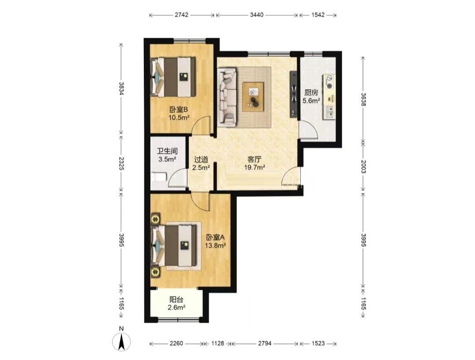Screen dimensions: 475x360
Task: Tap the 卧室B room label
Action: pyautogui.click(x=179, y=109)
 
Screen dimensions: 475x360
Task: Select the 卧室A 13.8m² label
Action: pyautogui.click(x=216, y=241)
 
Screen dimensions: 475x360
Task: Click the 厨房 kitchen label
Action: pyautogui.click(x=311, y=92)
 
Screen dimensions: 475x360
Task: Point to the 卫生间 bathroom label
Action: pyautogui.click(x=167, y=151)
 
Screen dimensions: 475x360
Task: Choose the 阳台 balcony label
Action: pyautogui.click(x=176, y=300)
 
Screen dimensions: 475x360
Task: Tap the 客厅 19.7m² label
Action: pyautogui.click(x=255, y=163)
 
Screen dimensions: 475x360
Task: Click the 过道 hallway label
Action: pyautogui.click(x=201, y=159)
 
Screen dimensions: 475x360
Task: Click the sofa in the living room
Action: pyautogui.click(x=227, y=97)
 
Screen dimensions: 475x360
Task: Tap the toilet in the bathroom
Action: pyautogui.click(x=158, y=177)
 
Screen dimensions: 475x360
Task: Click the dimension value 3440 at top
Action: pyautogui.click(x=256, y=15)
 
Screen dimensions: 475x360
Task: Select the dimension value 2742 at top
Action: pyautogui.click(x=182, y=15)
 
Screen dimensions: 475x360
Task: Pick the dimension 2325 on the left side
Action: pyautogui.click(x=121, y=163)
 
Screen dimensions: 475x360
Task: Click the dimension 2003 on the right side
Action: pyautogui.click(x=364, y=167)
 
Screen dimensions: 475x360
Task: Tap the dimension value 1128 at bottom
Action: pyautogui.click(x=218, y=343)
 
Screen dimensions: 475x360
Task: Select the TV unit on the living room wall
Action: pyautogui.click(x=293, y=94)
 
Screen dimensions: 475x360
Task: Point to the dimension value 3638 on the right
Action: pyautogui.click(x=364, y=99)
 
